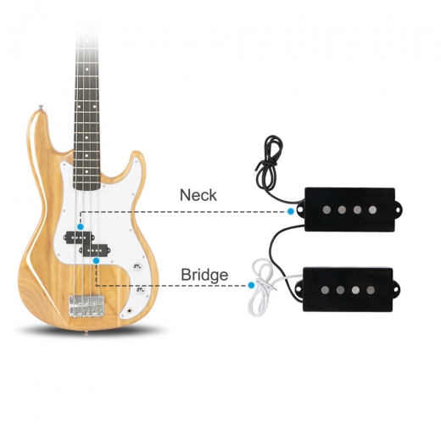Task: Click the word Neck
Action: tap(198, 195)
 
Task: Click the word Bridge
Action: tap(204, 275)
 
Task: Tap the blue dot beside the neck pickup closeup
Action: tap(290, 211)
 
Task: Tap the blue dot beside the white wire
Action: tap(251, 285)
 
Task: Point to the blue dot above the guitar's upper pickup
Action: tap(81, 226)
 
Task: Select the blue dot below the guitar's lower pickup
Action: tap(97, 260)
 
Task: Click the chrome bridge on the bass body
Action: tap(87, 306)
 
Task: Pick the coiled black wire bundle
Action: tap(267, 164)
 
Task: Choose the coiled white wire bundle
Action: tap(260, 287)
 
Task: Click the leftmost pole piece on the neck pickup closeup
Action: tap(327, 209)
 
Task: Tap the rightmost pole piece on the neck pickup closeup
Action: tap(372, 209)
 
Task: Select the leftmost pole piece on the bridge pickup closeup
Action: tap(325, 289)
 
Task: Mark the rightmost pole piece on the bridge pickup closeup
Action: tap(371, 289)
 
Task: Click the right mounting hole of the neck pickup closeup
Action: tap(399, 210)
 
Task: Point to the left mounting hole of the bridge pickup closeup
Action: tap(299, 289)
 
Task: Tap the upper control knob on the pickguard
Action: tap(137, 266)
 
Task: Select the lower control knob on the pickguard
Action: tap(141, 289)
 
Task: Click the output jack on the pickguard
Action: tap(130, 310)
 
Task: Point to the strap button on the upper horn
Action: tap(42, 107)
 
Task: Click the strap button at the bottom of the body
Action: tap(87, 332)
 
